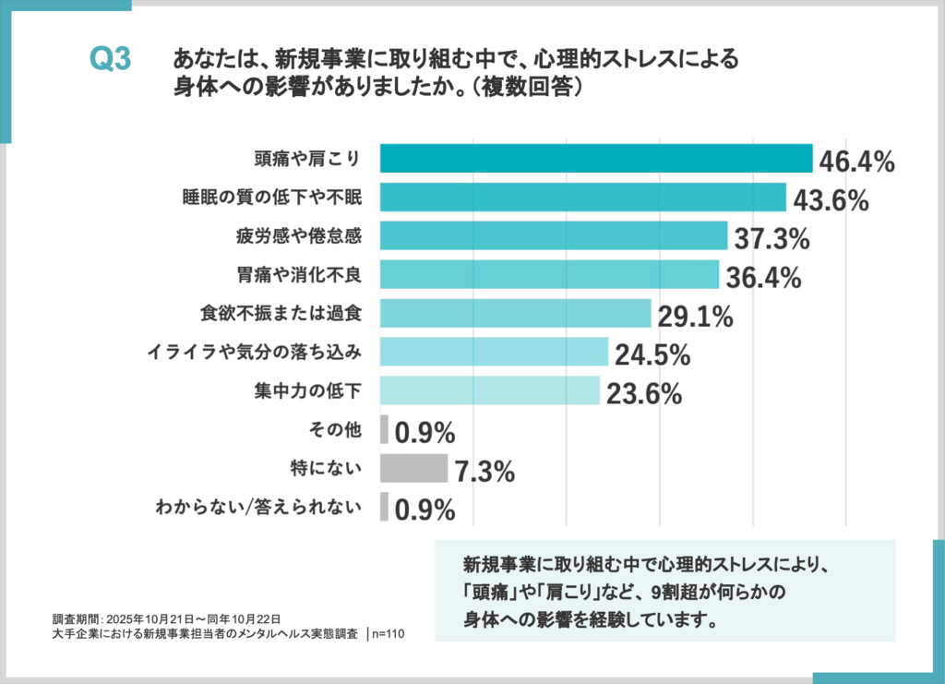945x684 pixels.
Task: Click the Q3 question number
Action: pyautogui.click(x=111, y=61)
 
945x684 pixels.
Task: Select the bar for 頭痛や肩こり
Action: pyautogui.click(x=595, y=158)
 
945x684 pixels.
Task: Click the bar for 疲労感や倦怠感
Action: pyautogui.click(x=554, y=235)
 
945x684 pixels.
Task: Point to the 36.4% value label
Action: pyautogui.click(x=762, y=277)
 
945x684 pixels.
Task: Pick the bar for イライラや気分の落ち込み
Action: pyautogui.click(x=494, y=352)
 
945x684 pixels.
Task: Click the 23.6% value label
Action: pyautogui.click(x=644, y=394)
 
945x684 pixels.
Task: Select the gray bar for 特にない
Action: pyautogui.click(x=413, y=468)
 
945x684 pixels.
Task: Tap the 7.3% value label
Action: pyautogui.click(x=484, y=472)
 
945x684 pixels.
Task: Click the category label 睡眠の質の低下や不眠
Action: pyautogui.click(x=269, y=198)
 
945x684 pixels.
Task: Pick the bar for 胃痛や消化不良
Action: pyautogui.click(x=549, y=274)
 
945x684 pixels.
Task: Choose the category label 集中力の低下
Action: pyautogui.click(x=304, y=390)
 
